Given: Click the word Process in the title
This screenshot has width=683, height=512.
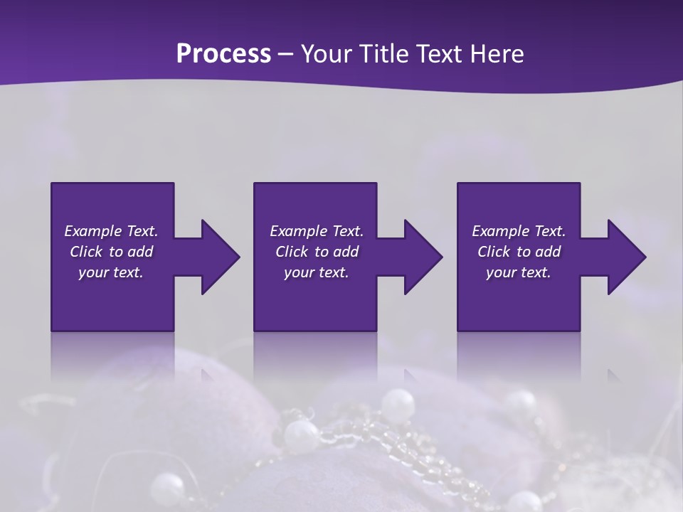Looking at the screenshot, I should [223, 54].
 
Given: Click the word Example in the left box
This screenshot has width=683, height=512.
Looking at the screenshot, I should [92, 231].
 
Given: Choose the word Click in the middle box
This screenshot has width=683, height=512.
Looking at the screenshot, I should [292, 252].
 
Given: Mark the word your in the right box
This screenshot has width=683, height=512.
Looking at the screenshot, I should [501, 272].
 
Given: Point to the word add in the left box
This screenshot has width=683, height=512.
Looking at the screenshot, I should [140, 252].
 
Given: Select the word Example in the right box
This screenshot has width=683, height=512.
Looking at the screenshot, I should [500, 231].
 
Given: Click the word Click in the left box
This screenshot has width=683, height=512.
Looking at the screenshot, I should [86, 252].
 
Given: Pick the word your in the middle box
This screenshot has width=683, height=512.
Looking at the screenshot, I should [299, 272].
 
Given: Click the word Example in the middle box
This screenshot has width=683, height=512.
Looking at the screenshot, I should [298, 231].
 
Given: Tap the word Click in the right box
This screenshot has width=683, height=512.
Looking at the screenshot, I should [494, 252].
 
